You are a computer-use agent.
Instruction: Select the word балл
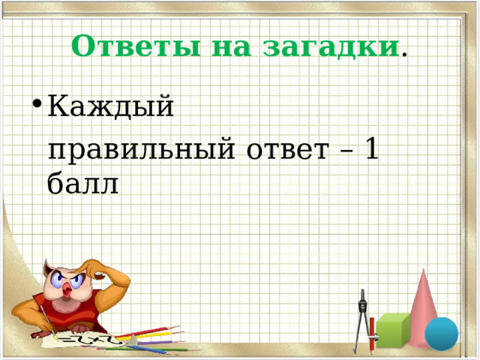(x=82, y=183)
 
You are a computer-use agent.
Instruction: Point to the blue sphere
(x=441, y=334)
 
